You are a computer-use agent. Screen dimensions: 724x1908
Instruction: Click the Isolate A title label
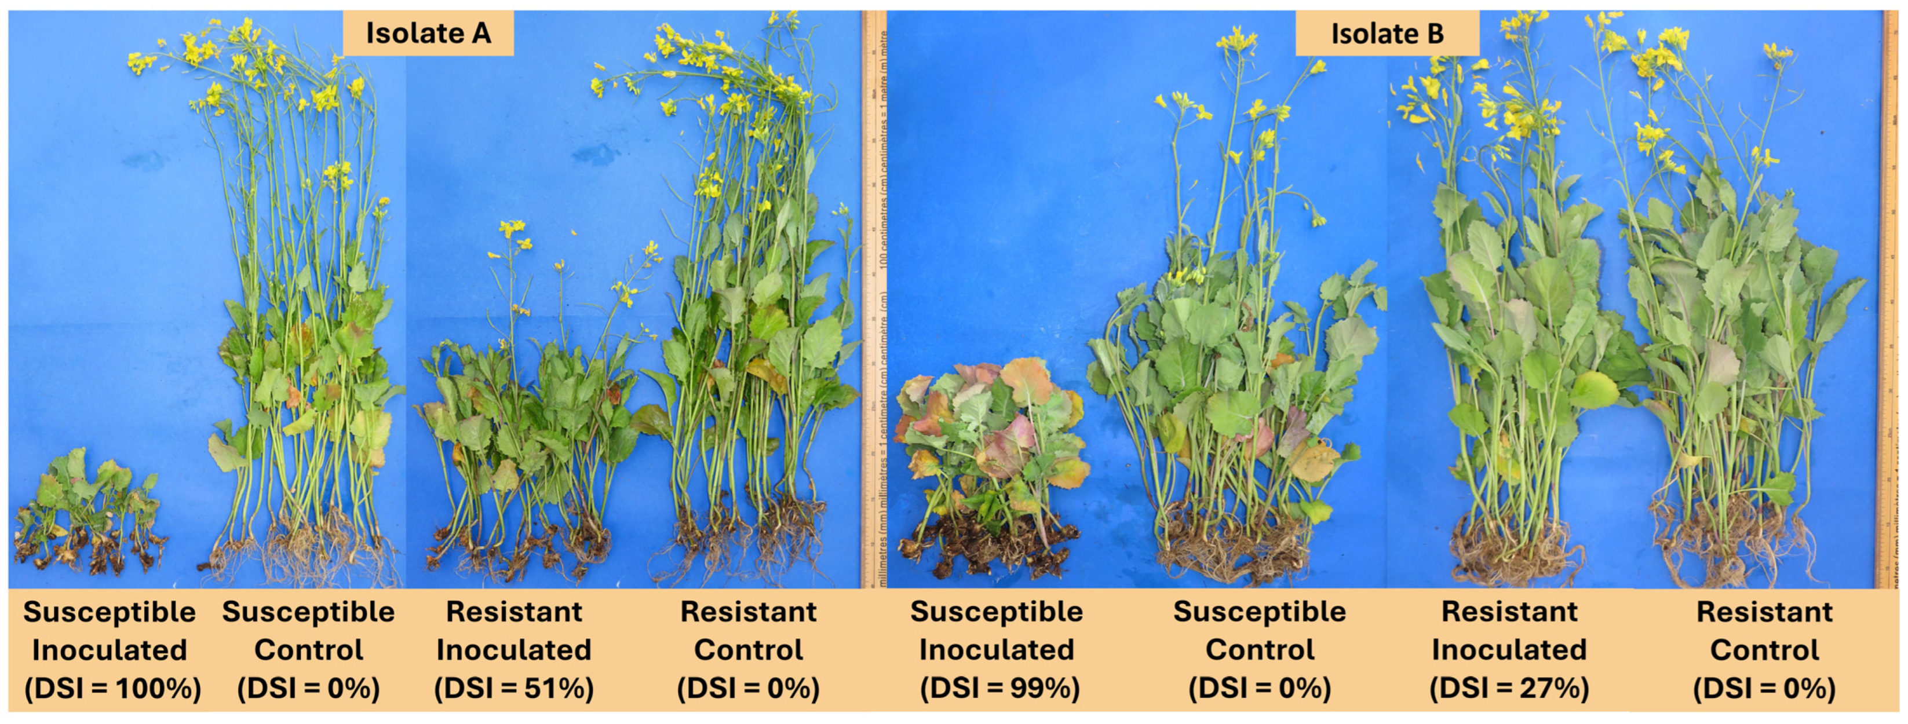428,34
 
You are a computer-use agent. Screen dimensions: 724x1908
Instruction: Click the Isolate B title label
1387,34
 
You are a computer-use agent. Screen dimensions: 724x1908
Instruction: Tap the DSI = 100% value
112,689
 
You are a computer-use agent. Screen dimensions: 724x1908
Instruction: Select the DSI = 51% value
514,689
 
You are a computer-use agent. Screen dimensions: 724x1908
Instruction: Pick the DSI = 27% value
1509,689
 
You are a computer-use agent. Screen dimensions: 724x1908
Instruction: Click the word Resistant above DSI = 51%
514,612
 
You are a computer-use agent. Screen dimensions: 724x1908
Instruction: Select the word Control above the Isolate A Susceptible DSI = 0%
308,650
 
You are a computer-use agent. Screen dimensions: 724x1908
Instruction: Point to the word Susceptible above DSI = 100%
110,612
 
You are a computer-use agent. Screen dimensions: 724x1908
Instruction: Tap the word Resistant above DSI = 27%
1509,612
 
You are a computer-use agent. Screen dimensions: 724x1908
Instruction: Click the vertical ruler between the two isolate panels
874,296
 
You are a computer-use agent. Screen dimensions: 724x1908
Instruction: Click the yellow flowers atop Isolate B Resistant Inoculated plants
1511,111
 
